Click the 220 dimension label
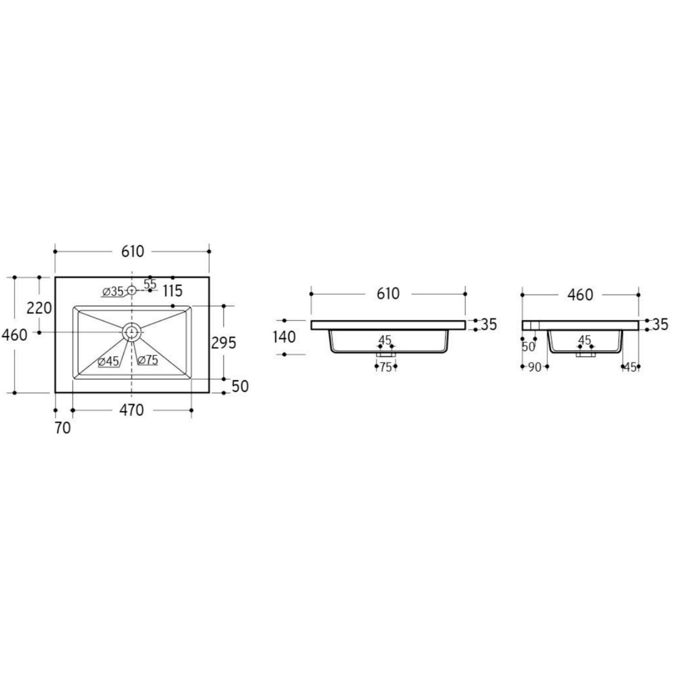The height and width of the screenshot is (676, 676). coord(39,308)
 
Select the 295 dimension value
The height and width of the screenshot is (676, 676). coord(224,343)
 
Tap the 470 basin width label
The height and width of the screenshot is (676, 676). coord(132,410)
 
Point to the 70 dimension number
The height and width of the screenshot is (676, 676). coord(63,428)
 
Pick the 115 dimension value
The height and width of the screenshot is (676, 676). coord(173,291)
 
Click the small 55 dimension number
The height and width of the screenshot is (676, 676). coord(150,284)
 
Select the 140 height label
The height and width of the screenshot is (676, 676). coord(284,337)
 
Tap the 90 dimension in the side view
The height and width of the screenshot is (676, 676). coord(534,367)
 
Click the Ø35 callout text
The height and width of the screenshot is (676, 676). coord(113,292)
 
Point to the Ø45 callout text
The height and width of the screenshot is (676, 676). coord(108,361)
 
